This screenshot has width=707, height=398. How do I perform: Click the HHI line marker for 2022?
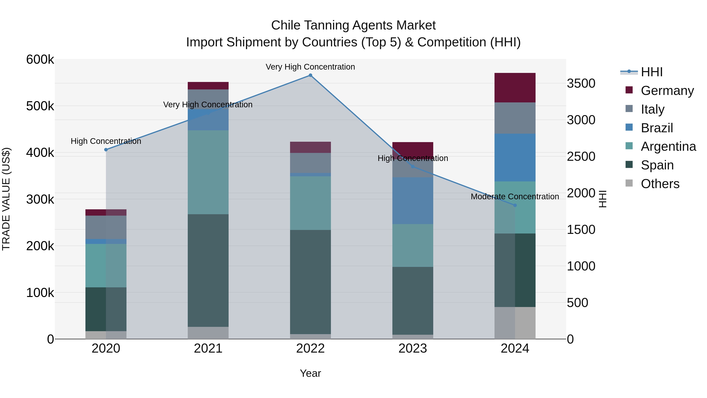tap(310, 75)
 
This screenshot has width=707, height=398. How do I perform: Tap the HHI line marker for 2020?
tap(106, 150)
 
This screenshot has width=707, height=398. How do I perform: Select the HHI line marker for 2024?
tap(515, 205)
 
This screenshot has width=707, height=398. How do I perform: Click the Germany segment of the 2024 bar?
tap(515, 88)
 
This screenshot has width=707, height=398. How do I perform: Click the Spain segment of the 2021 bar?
tap(208, 271)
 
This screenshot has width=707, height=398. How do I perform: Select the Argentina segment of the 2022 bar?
tap(310, 203)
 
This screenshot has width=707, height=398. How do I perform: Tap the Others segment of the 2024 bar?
tap(515, 323)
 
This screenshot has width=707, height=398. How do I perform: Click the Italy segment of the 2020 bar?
tap(106, 227)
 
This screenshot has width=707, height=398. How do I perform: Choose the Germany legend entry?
tap(667, 90)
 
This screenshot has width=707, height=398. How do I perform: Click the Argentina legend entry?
tap(668, 146)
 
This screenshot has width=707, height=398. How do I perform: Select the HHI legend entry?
tap(652, 72)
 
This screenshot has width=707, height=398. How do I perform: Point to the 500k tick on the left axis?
tap(40, 106)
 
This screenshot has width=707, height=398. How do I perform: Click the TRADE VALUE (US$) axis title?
tap(6, 199)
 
